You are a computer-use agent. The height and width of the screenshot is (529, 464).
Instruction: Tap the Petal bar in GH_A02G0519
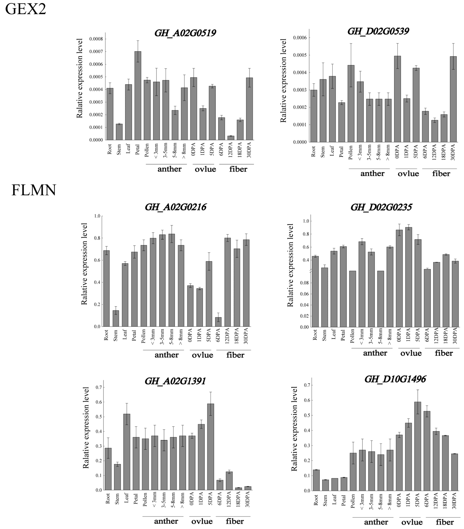[x=138, y=96]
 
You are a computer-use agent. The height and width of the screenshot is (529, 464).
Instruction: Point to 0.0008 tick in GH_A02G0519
[x=96, y=39]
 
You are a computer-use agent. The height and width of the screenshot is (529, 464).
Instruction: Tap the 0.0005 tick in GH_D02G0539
[x=300, y=55]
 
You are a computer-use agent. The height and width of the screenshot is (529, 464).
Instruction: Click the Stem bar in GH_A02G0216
[x=116, y=318]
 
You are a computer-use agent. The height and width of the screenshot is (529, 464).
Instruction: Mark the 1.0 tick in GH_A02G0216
[x=97, y=216]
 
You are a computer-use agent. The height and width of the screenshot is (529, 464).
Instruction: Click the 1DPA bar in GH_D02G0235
[x=409, y=277]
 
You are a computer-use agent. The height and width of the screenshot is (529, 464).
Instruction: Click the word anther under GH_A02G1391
[x=166, y=521]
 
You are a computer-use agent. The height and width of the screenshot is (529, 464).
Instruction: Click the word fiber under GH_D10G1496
[x=445, y=522]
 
